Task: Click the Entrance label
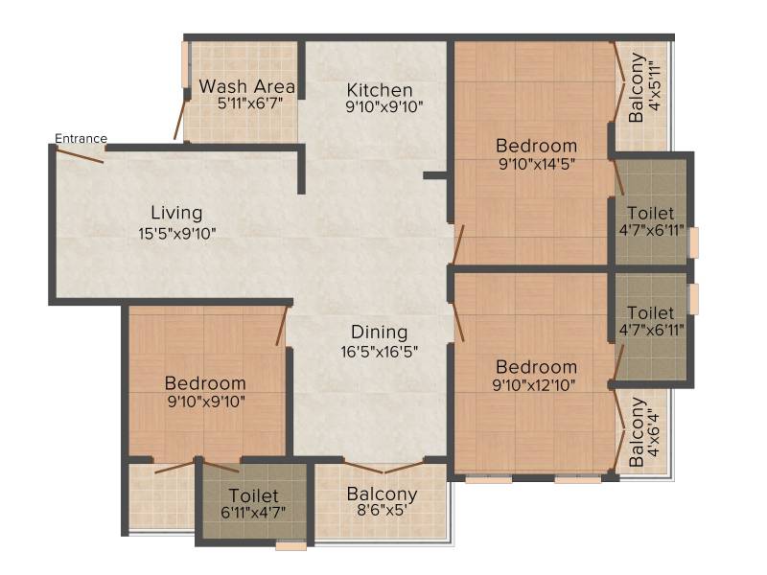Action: [x=81, y=139]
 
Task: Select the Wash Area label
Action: [x=247, y=86]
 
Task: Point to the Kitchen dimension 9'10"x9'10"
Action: [x=384, y=106]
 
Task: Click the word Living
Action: [x=176, y=213]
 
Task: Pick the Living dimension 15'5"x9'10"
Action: [x=177, y=234]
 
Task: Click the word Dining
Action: [x=379, y=333]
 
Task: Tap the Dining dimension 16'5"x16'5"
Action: [x=379, y=352]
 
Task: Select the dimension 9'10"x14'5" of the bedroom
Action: [x=537, y=164]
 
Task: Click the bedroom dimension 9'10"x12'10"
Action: [x=534, y=385]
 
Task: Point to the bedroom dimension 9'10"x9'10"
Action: [x=206, y=402]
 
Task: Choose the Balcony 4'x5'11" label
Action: [x=644, y=87]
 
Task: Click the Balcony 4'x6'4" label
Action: [x=644, y=432]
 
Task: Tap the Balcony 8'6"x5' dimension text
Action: [x=382, y=511]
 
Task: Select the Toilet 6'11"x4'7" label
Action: [x=253, y=503]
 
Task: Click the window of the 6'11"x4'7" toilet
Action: [x=291, y=545]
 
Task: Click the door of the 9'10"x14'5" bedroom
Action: [x=458, y=244]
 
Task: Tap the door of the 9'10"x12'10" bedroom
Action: [x=458, y=322]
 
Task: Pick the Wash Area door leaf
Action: [x=180, y=118]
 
